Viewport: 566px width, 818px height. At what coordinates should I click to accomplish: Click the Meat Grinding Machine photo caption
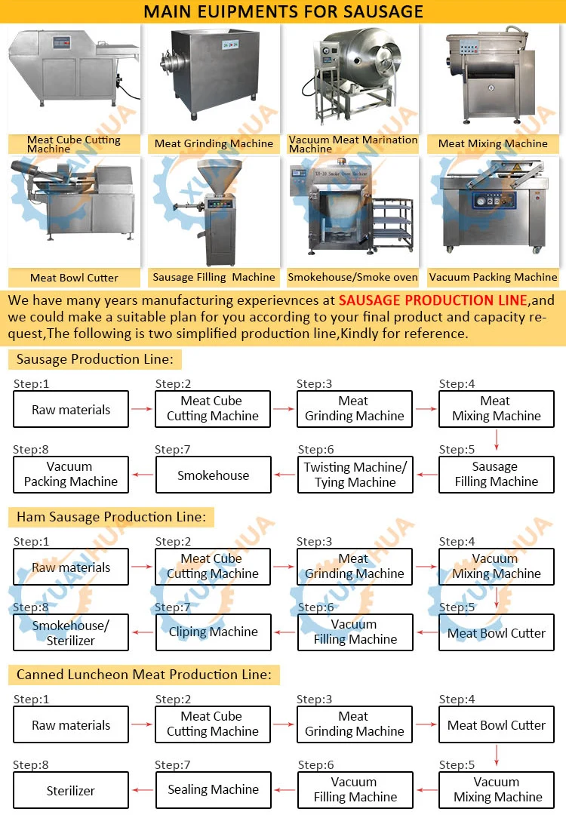point(214,143)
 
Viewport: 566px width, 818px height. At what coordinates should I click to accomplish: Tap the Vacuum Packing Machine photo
point(494,212)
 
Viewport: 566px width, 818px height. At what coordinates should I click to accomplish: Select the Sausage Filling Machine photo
point(213,212)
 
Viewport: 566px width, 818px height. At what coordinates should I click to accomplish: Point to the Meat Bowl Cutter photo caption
point(74,278)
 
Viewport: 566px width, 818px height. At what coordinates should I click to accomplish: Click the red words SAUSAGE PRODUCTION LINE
point(432,300)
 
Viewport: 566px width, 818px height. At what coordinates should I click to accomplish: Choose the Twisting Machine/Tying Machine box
point(355,475)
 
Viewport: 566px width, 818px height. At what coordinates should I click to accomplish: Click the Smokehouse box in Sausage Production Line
point(213,475)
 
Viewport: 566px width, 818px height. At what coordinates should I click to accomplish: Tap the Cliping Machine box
point(213,632)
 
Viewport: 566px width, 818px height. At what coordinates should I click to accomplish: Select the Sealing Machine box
point(213,790)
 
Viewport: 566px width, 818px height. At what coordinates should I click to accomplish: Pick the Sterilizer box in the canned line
point(71,790)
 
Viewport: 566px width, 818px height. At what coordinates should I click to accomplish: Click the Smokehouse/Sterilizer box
point(71,632)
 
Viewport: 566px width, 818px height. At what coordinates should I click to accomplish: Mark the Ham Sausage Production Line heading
point(111,517)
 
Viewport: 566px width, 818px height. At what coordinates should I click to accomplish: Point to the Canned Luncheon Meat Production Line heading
point(143,675)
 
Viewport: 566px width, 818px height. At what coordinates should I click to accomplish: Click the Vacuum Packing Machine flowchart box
point(71,475)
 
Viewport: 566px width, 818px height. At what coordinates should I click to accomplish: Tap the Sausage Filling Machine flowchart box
point(497,475)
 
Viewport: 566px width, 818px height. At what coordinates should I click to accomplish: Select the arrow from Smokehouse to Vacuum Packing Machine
point(142,475)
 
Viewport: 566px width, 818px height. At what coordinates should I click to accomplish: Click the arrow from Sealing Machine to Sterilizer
point(142,790)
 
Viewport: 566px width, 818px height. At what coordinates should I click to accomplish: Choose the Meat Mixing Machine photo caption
point(493,143)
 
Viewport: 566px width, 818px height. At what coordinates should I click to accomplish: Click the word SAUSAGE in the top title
point(379,12)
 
